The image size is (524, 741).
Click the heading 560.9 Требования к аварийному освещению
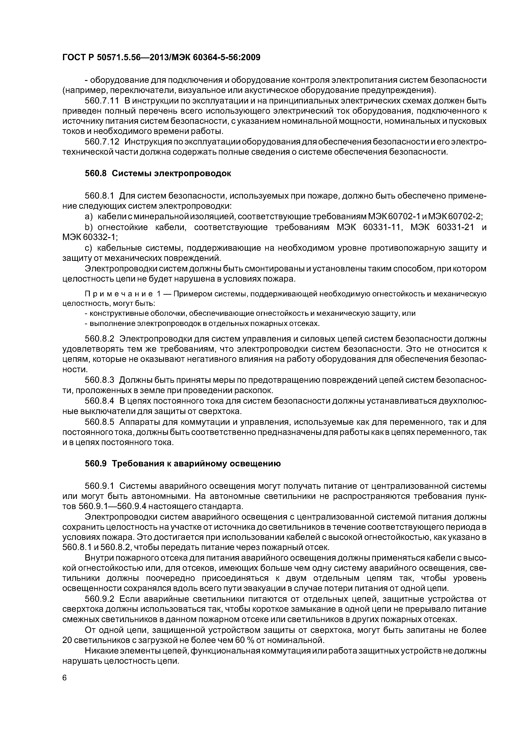tap(182, 464)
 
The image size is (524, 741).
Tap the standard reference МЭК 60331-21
tap(442, 227)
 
